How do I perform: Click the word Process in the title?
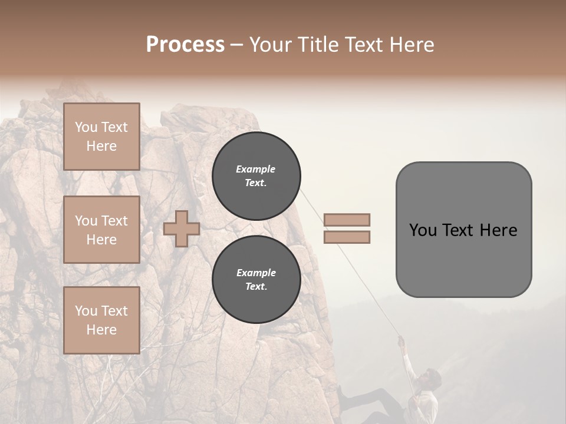185,44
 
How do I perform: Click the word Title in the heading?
315,44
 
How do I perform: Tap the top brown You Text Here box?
101,137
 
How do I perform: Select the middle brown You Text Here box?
101,230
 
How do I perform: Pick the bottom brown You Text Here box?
101,320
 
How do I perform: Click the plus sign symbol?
182,228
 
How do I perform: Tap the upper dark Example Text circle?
256,176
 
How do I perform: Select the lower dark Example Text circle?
256,280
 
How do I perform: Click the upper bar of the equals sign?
347,220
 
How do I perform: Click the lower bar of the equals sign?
347,237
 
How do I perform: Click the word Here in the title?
412,44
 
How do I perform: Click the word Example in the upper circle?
256,169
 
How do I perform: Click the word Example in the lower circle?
256,273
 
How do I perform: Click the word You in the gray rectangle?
423,230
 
